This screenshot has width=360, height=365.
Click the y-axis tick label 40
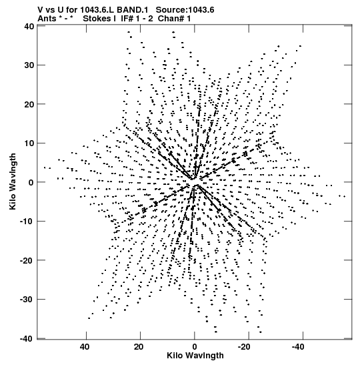click(x=29, y=26)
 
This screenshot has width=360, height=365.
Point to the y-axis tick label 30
click(x=29, y=65)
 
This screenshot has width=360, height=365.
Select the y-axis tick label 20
click(x=29, y=104)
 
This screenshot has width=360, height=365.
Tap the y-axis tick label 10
click(x=29, y=143)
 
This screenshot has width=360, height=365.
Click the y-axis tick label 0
click(x=31, y=182)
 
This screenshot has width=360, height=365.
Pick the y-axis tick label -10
click(x=27, y=221)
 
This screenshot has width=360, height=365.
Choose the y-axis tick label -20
click(x=27, y=260)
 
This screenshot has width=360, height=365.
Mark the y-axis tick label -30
click(x=27, y=300)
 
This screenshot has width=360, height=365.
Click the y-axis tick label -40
click(x=27, y=338)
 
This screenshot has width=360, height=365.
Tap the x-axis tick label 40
click(x=85, y=347)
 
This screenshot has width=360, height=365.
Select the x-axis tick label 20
click(x=139, y=347)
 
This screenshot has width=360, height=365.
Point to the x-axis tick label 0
click(x=195, y=347)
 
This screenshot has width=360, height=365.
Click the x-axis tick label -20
click(x=245, y=347)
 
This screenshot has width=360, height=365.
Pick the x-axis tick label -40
click(x=299, y=347)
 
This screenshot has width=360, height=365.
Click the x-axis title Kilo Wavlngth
click(x=195, y=356)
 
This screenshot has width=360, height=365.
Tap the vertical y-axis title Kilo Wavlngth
click(x=13, y=181)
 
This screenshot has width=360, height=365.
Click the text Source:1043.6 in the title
click(x=185, y=10)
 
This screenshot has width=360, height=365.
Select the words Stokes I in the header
click(x=99, y=19)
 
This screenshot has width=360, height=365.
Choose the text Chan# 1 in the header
click(x=174, y=19)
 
